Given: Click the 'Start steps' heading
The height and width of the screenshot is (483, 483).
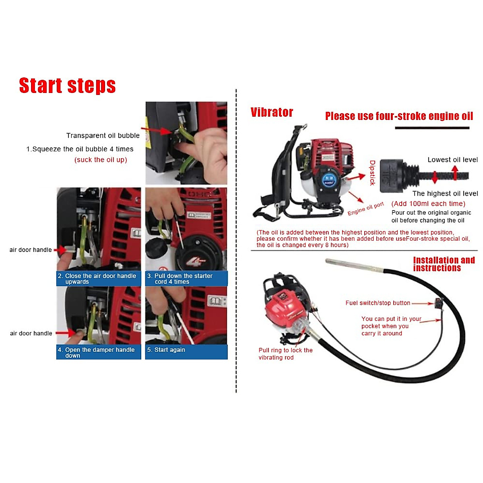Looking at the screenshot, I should tap(67, 86).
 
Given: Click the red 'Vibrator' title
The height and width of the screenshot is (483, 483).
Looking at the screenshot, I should tap(272, 112).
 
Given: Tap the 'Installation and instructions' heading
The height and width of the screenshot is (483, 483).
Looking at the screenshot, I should tap(444, 264).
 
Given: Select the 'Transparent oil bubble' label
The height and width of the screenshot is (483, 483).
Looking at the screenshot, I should tap(103, 136).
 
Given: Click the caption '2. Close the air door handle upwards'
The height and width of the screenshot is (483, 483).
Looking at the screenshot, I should tap(99, 279).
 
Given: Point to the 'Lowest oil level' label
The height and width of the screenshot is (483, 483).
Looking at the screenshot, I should tap(452, 160).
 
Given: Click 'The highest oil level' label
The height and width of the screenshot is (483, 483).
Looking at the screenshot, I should tap(445, 194).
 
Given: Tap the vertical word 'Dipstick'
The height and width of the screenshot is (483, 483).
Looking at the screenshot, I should tap(372, 173).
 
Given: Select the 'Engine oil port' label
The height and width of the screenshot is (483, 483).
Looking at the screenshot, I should tap(365, 208).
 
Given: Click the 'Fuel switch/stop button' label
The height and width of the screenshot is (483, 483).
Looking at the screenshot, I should tap(378, 303).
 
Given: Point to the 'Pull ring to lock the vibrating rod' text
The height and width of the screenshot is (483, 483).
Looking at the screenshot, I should tap(285, 354).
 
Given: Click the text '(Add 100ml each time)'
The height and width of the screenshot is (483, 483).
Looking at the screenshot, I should tap(428, 204).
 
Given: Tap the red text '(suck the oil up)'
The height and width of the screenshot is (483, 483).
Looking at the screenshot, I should tap(101, 160).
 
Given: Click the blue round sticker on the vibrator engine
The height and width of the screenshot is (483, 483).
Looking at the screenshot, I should tap(329, 179).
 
